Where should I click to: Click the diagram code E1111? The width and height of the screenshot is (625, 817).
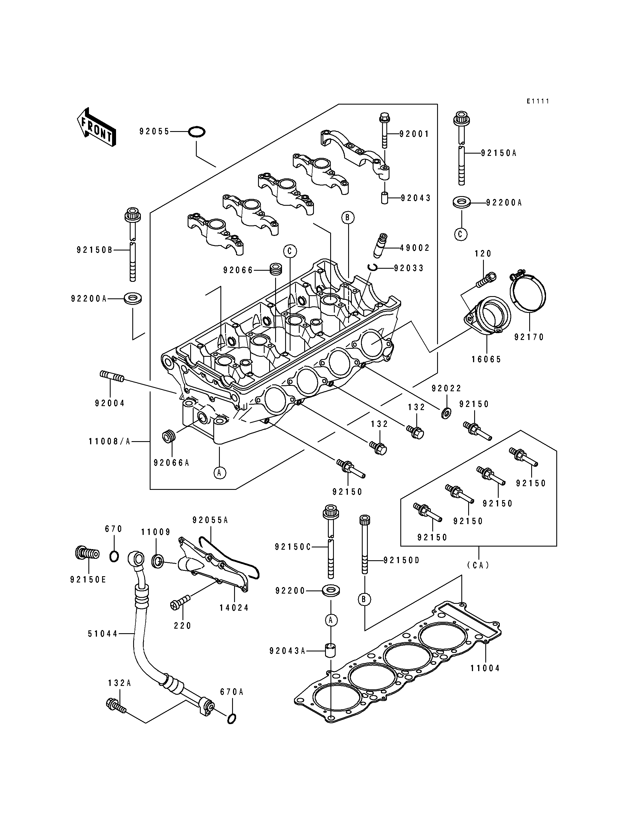537,101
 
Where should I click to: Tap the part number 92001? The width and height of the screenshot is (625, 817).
414,134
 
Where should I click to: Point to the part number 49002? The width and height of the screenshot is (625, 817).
415,248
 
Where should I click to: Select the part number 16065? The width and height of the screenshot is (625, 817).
486,359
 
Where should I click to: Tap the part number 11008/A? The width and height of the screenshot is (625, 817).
109,441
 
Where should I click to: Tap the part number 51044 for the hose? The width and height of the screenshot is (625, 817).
103,634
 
